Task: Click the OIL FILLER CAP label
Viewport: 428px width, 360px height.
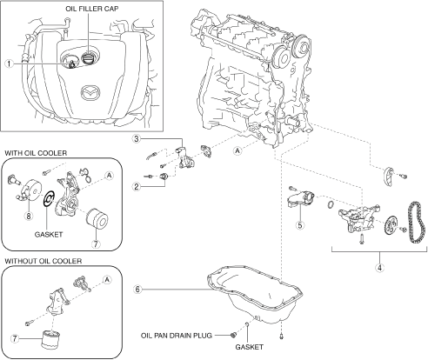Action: (92, 9)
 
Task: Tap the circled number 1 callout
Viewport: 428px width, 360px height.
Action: (10, 63)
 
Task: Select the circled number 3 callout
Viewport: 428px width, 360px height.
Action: (137, 139)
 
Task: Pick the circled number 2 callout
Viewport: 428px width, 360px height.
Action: (137, 186)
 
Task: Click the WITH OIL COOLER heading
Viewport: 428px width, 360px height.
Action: (36, 153)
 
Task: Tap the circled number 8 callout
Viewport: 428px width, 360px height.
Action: (29, 216)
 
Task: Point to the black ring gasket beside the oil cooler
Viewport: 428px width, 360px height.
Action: (48, 198)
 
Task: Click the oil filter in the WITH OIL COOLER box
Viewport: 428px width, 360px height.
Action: (97, 219)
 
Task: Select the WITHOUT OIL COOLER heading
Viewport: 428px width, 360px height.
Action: (43, 261)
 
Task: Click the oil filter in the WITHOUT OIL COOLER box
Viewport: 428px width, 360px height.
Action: (51, 340)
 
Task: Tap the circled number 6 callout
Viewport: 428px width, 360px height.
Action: (137, 289)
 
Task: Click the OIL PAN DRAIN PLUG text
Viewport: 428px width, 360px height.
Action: (177, 336)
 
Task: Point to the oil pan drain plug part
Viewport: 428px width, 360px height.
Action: (232, 335)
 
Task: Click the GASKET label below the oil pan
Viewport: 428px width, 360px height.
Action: (249, 347)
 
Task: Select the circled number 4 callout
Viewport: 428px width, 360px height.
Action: (379, 268)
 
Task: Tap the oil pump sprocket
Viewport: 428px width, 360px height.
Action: (390, 225)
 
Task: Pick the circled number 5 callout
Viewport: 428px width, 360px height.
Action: (300, 224)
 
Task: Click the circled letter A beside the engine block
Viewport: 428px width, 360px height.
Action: (237, 150)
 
